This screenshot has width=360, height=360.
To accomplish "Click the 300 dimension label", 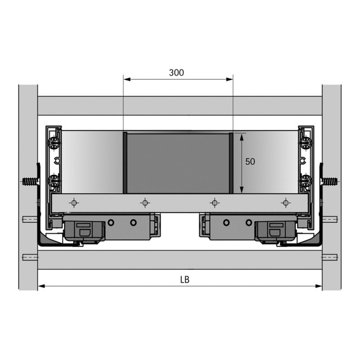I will [176, 72].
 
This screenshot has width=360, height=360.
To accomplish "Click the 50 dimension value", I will [250, 162].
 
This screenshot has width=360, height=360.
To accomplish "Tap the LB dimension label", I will [184, 279].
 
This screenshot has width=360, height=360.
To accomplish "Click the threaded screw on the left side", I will [29, 182].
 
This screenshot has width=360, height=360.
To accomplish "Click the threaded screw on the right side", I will [330, 182].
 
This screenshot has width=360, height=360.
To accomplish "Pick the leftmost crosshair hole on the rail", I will [74, 203].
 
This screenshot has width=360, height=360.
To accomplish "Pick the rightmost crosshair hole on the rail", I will [285, 203].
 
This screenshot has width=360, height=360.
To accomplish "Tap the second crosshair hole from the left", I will [144, 203].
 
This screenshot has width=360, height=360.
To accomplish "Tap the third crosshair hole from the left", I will [215, 203].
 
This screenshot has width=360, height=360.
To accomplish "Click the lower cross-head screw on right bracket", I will [306, 182].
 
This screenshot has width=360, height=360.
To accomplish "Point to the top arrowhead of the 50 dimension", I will [242, 135].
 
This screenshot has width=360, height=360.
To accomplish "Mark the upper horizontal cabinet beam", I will [180, 106].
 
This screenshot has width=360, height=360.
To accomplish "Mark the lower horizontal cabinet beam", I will [180, 260].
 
